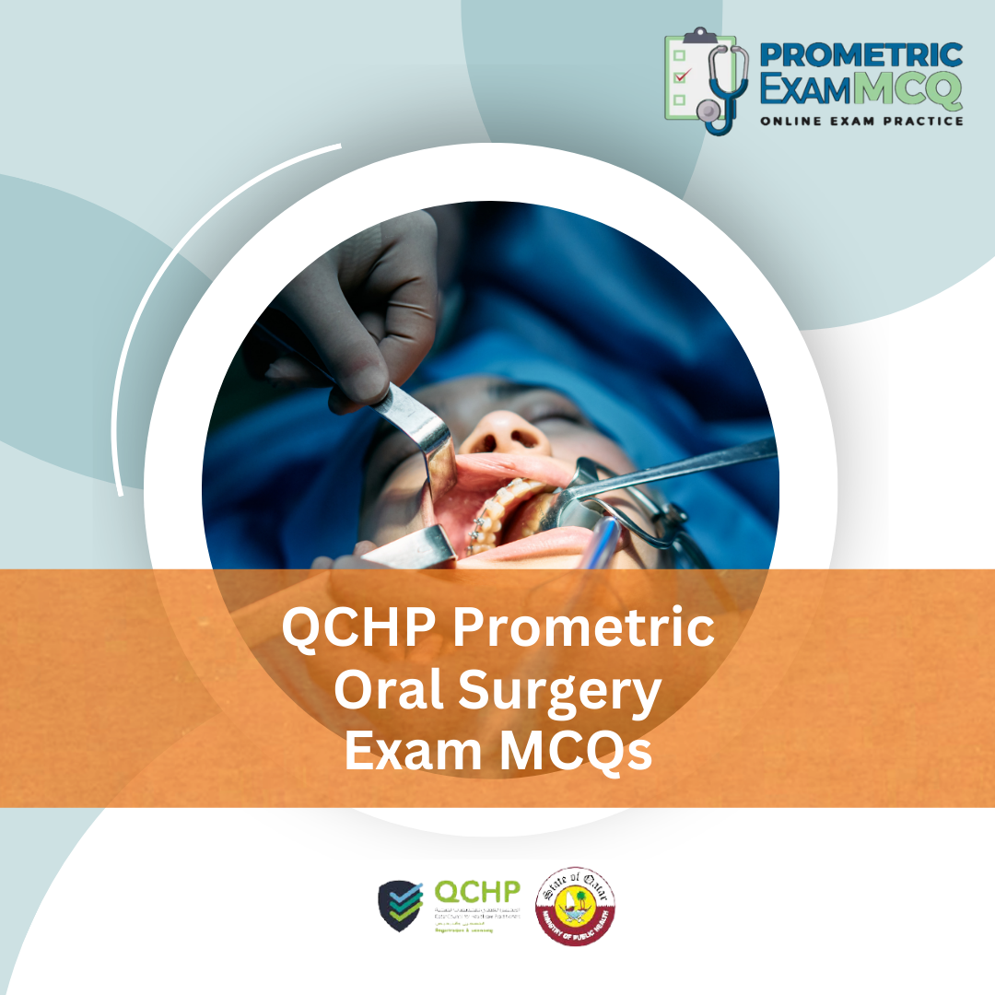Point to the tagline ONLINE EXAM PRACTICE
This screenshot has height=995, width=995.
click(x=861, y=121)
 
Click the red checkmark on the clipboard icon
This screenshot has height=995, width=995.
click(x=681, y=76)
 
